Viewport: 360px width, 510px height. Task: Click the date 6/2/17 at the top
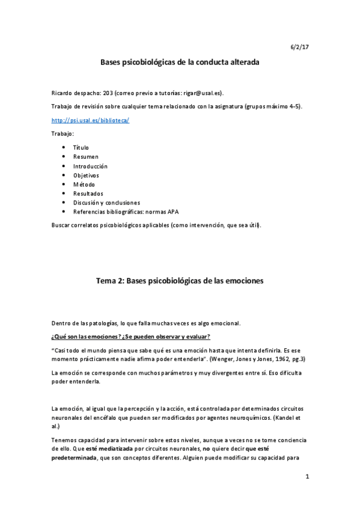[299, 46]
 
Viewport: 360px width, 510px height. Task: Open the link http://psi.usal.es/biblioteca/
[91, 120]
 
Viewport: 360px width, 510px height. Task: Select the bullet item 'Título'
[81, 147]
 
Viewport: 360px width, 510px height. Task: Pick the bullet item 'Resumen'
[86, 156]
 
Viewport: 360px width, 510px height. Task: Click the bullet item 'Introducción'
[91, 166]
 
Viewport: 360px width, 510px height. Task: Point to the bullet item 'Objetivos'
[86, 175]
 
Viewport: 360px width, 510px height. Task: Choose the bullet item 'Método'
[84, 184]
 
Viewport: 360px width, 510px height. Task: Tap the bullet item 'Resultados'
[88, 194]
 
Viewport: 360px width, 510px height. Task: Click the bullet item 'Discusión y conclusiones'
[106, 203]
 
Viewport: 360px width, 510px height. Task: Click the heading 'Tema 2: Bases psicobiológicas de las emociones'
[180, 281]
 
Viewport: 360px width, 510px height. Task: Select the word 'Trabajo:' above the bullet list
[63, 133]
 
